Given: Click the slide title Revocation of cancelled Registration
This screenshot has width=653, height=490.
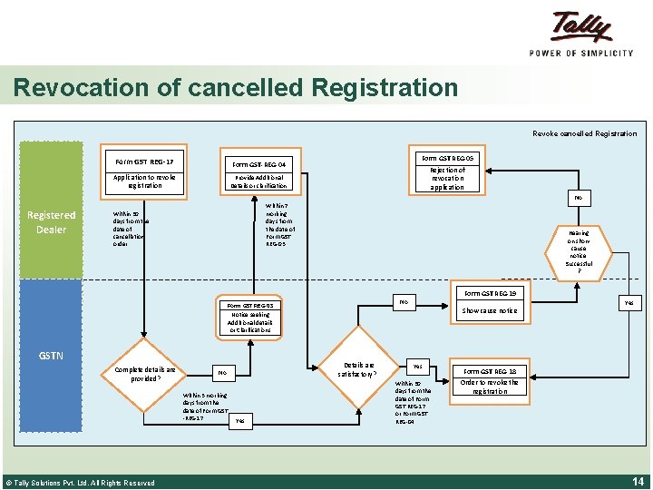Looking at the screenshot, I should (236, 88).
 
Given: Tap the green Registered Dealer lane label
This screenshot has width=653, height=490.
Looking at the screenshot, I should (51, 221).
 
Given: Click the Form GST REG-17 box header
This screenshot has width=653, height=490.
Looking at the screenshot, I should (145, 162).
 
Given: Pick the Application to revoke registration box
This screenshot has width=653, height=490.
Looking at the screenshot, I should (145, 182).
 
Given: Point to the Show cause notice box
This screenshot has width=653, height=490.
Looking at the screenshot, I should (490, 310).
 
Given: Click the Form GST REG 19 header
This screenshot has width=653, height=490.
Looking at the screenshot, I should (490, 294).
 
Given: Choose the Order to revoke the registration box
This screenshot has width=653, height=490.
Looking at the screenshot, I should (489, 387).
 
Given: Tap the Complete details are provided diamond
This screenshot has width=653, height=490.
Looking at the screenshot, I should (145, 374).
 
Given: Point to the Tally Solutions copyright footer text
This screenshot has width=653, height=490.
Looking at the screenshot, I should (80, 483).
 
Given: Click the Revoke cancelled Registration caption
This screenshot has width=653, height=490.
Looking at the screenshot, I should (584, 133).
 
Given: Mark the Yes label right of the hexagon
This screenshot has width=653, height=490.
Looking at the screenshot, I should (629, 303).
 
